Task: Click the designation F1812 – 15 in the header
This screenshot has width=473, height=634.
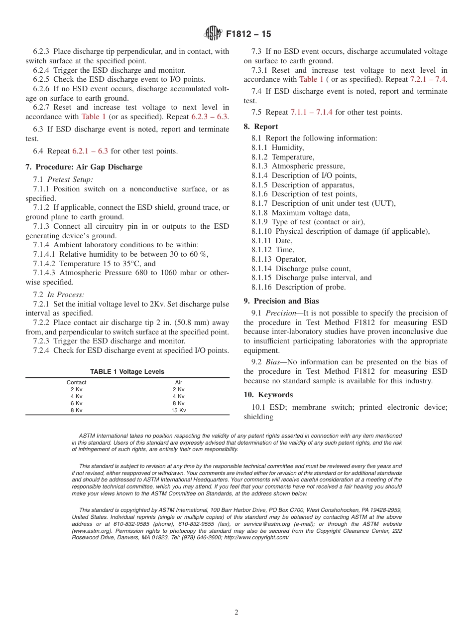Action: [248, 34]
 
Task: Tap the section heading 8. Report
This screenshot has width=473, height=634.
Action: [266, 127]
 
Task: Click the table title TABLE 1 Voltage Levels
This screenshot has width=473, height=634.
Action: [127, 372]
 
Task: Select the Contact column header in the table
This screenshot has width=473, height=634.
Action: [76, 382]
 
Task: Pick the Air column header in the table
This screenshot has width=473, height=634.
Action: [178, 382]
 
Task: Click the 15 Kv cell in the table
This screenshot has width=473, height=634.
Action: [178, 410]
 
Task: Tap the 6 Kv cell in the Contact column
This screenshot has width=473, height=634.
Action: [76, 403]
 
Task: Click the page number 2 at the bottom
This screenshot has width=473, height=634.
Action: [236, 613]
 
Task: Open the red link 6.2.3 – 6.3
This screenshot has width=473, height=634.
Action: [209, 117]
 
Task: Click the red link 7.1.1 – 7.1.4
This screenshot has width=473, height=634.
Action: [311, 112]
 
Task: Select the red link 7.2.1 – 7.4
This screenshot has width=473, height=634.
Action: [428, 79]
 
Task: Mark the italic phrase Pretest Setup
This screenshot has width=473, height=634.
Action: [70, 179]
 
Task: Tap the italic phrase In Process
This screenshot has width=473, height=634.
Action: [66, 295]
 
